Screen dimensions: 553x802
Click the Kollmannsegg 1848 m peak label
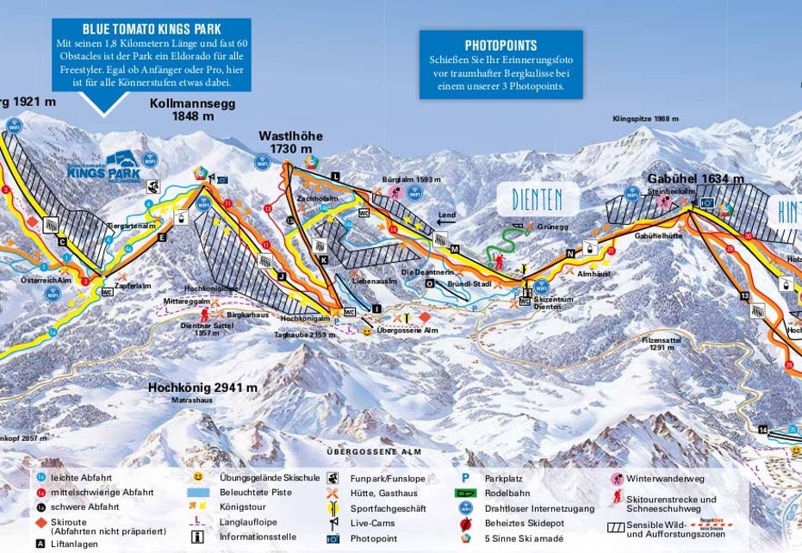click(x=191, y=109)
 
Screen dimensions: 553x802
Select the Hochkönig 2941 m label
click(x=202, y=388)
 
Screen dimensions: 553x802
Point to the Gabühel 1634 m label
click(x=695, y=179)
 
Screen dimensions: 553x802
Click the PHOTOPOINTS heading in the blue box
click(x=500, y=46)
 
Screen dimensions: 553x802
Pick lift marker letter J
click(x=281, y=276)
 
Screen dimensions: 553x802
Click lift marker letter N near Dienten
click(x=569, y=253)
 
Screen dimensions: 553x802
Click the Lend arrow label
click(x=445, y=216)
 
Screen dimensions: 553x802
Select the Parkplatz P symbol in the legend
click(x=465, y=478)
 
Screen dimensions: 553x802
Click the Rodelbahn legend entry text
click(x=504, y=493)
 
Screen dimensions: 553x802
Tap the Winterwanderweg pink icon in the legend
click(x=617, y=478)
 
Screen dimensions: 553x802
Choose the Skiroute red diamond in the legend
click(x=40, y=522)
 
